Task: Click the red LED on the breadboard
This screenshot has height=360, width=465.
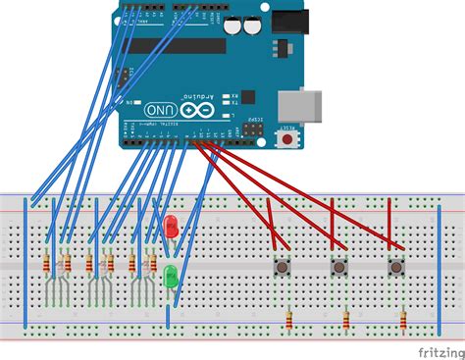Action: coord(170,227)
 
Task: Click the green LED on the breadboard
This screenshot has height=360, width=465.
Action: coord(171,274)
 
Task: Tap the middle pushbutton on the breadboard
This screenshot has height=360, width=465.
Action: coord(339,266)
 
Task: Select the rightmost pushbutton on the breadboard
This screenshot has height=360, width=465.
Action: coord(396,266)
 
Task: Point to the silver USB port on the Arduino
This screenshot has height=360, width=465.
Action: coord(294,107)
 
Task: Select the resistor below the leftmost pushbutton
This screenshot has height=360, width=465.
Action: coord(288,320)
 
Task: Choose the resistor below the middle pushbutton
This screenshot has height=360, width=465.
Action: coord(346,320)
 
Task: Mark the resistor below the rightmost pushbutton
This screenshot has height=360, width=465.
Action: coord(403,320)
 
